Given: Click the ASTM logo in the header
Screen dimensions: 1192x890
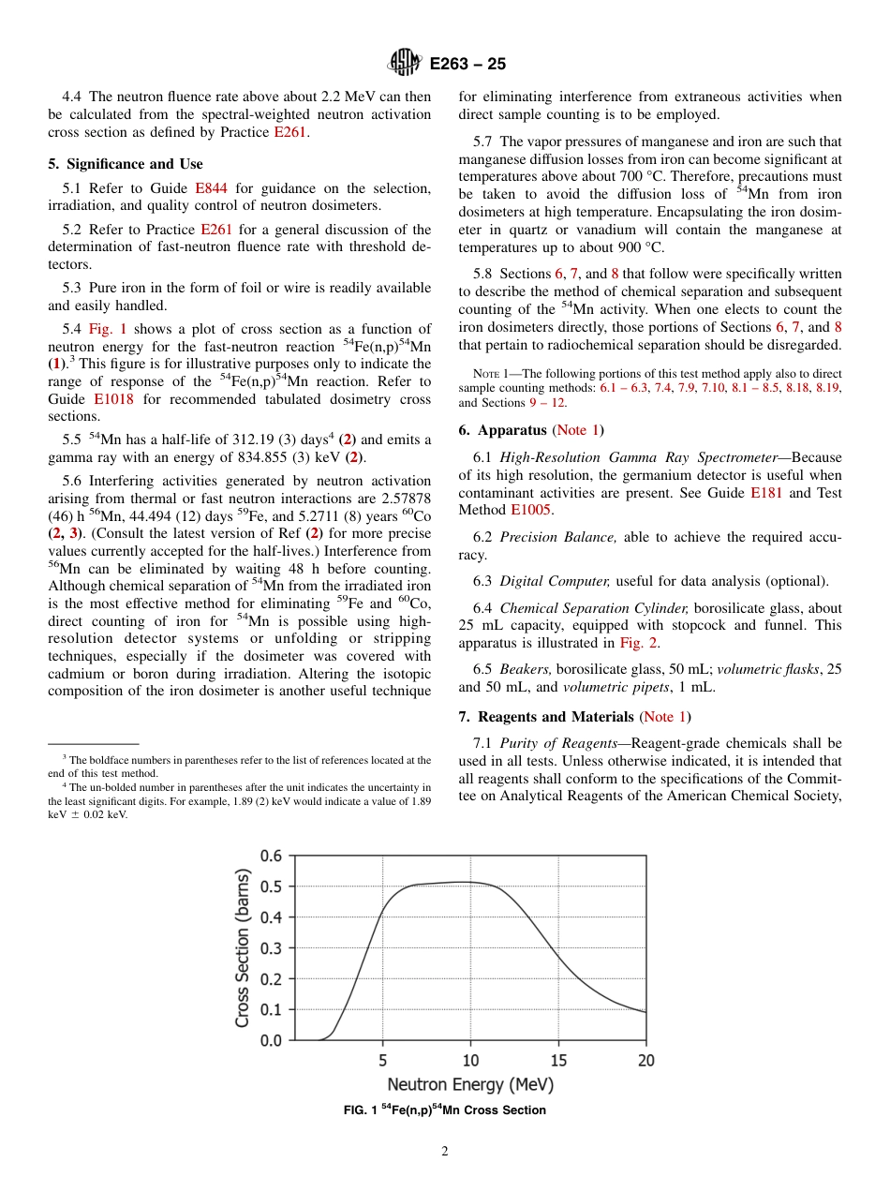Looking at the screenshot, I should [406, 64].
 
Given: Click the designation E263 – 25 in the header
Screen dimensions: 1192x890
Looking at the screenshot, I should [467, 65].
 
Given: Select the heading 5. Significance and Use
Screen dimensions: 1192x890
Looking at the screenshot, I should [125, 164].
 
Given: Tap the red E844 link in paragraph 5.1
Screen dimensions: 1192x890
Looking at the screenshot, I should [211, 188].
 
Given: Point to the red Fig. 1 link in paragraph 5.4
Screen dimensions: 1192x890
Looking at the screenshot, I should [107, 329].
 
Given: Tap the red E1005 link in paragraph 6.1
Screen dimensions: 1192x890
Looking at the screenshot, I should [530, 510].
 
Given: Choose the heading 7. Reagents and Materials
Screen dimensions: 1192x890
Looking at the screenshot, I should [556, 717].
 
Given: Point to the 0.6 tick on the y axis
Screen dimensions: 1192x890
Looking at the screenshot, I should [270, 856].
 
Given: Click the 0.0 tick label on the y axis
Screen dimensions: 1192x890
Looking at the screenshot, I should [270, 1040].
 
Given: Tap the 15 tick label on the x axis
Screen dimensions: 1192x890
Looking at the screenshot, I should [558, 1061].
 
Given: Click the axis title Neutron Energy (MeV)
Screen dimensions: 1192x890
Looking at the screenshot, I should [470, 1085].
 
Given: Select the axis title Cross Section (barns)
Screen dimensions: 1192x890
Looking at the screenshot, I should [243, 947].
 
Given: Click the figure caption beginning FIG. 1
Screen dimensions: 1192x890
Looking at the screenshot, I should [445, 1110].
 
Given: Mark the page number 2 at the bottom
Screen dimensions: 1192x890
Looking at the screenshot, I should [445, 1152].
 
